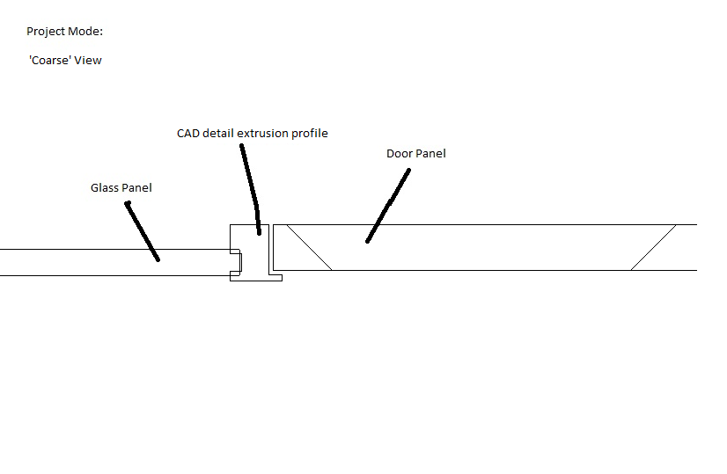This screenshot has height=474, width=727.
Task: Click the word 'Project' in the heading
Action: coord(46,32)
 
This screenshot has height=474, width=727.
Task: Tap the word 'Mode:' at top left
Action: coord(85,32)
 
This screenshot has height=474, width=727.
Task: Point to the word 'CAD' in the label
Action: coord(188,134)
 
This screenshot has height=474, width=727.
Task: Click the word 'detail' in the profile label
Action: coord(219,134)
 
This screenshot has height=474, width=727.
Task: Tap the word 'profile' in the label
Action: coord(310,134)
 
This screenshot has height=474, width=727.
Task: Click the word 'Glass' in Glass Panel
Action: coord(104,188)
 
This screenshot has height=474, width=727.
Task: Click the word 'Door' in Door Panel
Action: coord(399,154)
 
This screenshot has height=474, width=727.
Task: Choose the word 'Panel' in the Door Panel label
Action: coord(430,154)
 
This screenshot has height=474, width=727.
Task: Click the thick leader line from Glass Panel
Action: coord(143,231)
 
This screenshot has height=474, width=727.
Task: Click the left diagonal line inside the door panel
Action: coord(309,247)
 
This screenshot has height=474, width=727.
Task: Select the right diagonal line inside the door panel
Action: coord(654,247)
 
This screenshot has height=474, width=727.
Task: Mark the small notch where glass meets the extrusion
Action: coord(236,261)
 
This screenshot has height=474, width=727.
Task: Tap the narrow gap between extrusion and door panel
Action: coord(269,251)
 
